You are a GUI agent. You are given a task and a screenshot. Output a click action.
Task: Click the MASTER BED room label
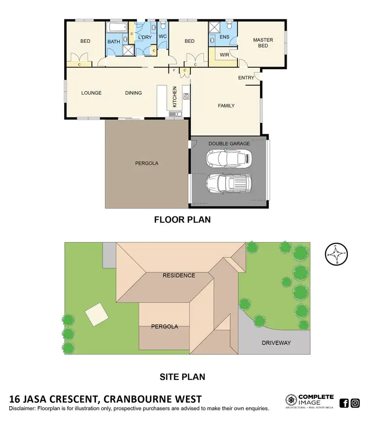tap(263, 43)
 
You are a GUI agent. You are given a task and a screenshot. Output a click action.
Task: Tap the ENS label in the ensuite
tap(224, 36)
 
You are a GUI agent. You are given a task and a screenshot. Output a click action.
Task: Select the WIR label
tap(224, 55)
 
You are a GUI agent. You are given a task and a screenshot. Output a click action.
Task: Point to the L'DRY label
tap(145, 37)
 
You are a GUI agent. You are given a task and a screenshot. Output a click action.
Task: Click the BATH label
tap(114, 42)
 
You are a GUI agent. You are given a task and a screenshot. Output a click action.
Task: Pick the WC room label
tap(163, 36)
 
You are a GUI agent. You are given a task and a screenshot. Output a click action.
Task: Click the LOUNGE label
tap(91, 93)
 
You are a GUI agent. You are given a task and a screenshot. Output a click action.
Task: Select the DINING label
tap(133, 93)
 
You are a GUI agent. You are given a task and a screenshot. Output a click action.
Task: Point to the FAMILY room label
tap(226, 106)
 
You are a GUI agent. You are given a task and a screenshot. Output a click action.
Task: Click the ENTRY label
tap(246, 78)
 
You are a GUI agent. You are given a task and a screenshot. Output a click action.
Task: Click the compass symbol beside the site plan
tap(335, 254)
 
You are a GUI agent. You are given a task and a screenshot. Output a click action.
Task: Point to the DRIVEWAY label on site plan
tap(276, 343)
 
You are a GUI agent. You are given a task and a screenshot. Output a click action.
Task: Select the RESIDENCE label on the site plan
tap(179, 275)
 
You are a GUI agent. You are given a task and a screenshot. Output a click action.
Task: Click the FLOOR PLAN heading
tap(182, 219)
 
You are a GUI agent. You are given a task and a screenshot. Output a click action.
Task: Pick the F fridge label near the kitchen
tap(175, 71)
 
